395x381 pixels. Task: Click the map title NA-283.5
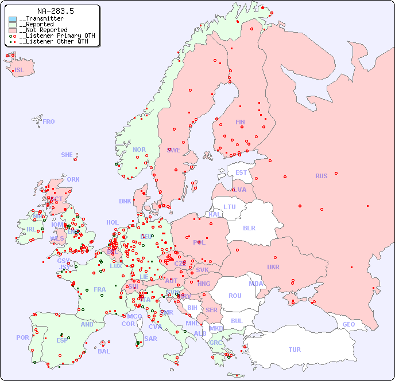point(55,11)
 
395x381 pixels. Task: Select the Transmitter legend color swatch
point(13,19)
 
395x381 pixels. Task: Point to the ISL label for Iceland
point(19,70)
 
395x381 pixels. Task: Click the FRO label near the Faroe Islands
point(49,121)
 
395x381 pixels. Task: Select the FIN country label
point(240,122)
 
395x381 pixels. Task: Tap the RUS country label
point(321,176)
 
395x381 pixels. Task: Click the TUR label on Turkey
point(295,349)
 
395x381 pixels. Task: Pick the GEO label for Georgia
point(348,324)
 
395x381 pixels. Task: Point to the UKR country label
point(273,267)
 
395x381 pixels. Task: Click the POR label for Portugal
point(22,337)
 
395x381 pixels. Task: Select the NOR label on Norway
point(139,150)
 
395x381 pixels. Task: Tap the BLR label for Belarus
point(249,227)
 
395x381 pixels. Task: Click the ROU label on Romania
point(235,296)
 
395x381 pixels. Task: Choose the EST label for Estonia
point(241,172)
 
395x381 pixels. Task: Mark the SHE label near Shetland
point(67,155)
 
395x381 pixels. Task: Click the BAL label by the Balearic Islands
point(103,351)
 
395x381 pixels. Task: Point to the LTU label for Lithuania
point(230,207)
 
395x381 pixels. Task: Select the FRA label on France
point(100,289)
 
